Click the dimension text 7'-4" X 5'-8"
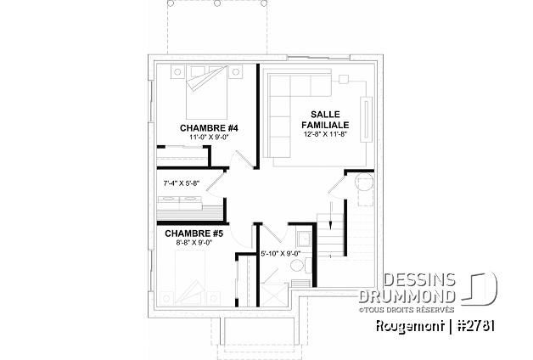[x=180, y=183]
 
